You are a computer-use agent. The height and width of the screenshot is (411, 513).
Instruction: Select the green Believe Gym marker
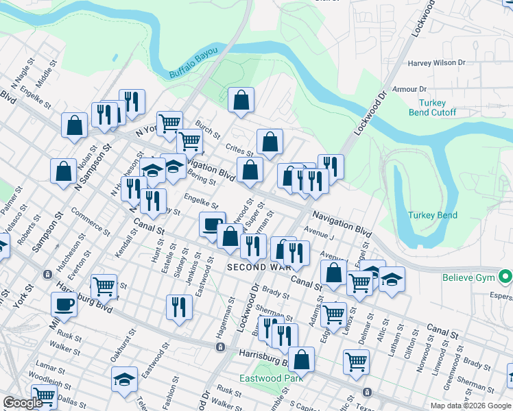tap(506, 277)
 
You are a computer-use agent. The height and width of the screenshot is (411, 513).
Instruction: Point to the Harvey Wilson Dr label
tap(436, 63)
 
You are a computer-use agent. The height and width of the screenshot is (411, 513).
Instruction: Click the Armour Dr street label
tap(409, 89)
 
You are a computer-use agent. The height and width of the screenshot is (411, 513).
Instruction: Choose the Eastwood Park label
tap(271, 378)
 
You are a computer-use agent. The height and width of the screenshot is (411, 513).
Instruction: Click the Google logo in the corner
tap(22, 403)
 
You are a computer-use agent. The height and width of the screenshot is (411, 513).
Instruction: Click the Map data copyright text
tap(471, 406)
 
